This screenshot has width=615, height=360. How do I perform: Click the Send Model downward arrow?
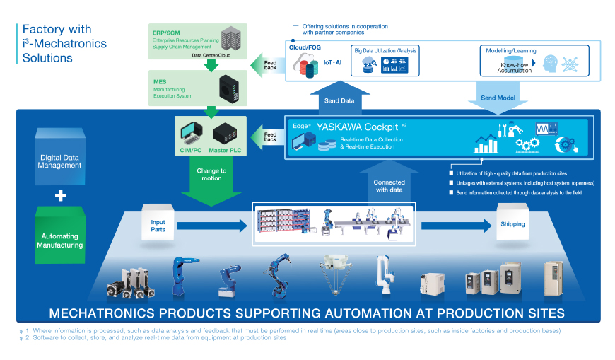498,96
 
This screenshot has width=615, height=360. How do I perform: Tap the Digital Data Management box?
61,161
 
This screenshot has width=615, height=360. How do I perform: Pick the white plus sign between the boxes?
61,195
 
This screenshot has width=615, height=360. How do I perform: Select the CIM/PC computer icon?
192,133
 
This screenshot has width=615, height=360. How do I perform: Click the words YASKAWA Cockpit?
357,127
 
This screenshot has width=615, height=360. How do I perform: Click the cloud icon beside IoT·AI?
306,64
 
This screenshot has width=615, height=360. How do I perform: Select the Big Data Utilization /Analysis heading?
385,51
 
